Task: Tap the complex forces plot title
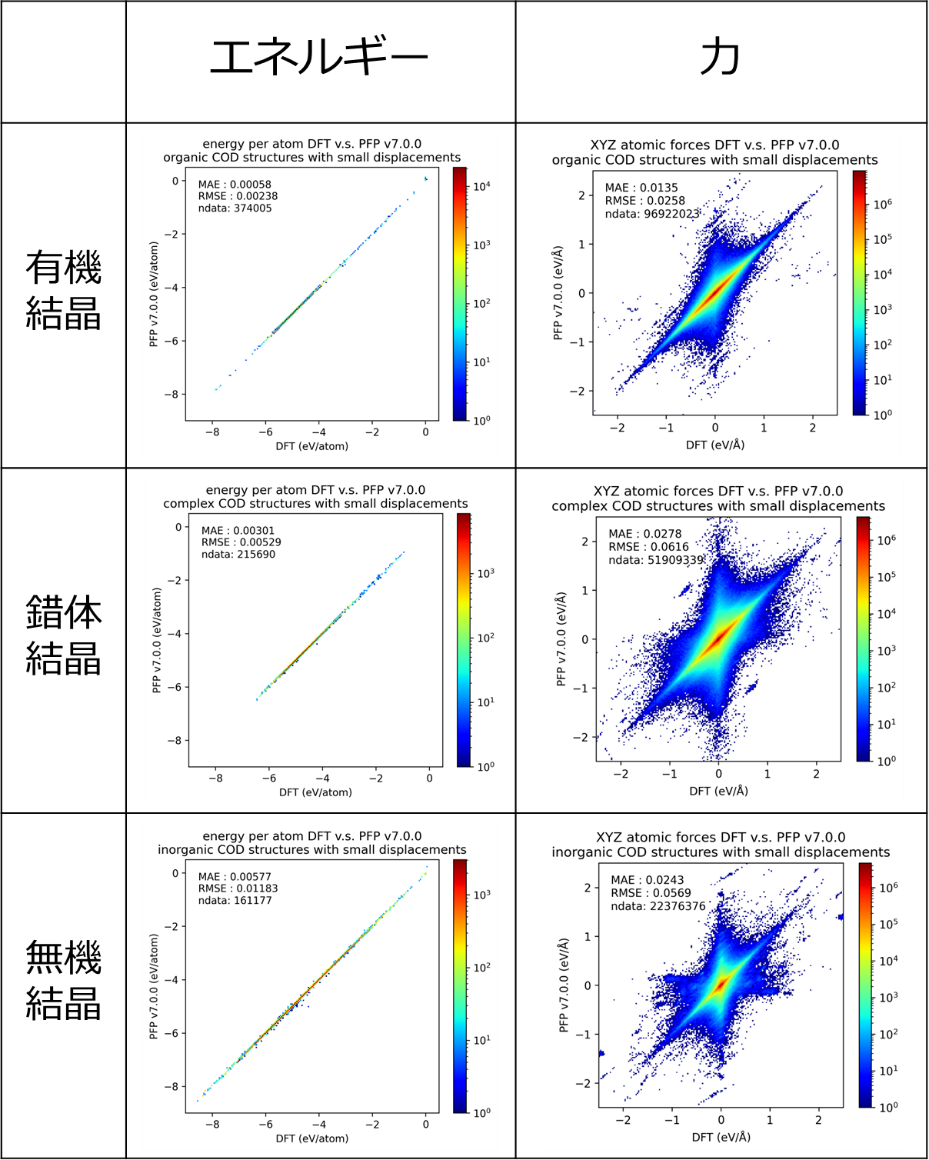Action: (x=718, y=498)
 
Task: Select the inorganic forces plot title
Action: (x=720, y=844)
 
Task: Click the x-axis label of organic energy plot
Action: (x=314, y=446)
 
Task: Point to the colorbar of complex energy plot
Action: (x=463, y=640)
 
